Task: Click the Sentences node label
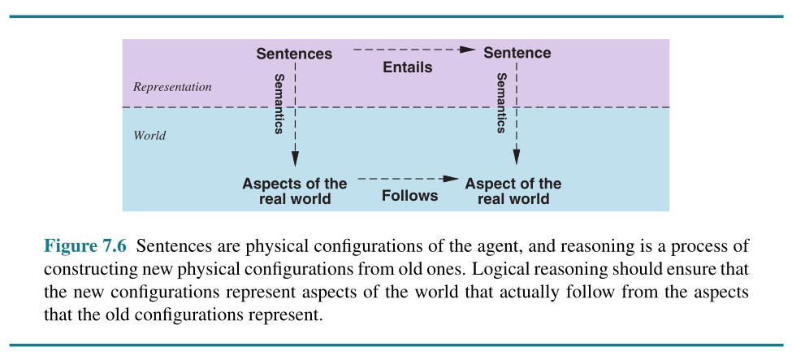tap(294, 54)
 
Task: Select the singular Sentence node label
tap(517, 53)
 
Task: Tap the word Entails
tap(407, 67)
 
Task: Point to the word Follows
tap(409, 195)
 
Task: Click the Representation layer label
tap(172, 87)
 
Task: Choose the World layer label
tap(149, 136)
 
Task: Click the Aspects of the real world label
tap(294, 191)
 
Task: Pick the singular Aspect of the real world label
tap(513, 191)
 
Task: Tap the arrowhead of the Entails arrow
tap(466, 50)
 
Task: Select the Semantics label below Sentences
tap(279, 103)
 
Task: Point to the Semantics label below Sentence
tap(501, 103)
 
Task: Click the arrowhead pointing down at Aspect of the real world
tap(517, 158)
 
